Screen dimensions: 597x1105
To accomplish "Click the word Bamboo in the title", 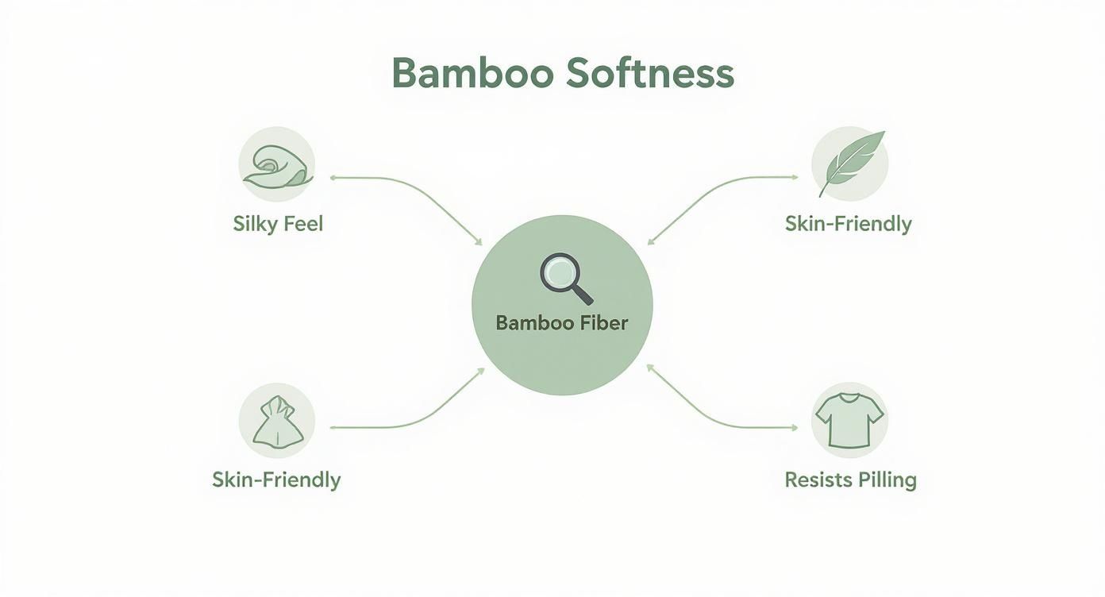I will pyautogui.click(x=472, y=73).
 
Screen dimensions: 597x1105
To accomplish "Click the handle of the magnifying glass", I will pyautogui.click(x=582, y=295).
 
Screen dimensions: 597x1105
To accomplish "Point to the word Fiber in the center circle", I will pyautogui.click(x=601, y=323).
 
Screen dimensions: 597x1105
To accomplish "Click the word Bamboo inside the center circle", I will pyautogui.click(x=531, y=323).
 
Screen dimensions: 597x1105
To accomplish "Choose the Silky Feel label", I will pyautogui.click(x=278, y=224).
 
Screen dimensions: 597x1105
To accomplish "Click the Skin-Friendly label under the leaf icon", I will pyautogui.click(x=848, y=224).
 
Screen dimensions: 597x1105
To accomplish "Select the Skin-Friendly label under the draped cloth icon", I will pyautogui.click(x=276, y=480).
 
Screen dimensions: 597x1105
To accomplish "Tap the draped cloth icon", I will pyautogui.click(x=277, y=421).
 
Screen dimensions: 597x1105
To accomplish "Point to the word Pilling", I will pyautogui.click(x=886, y=480).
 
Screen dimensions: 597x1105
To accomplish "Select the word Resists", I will pyautogui.click(x=817, y=480).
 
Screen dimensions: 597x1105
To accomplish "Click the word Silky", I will pyautogui.click(x=253, y=224).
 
